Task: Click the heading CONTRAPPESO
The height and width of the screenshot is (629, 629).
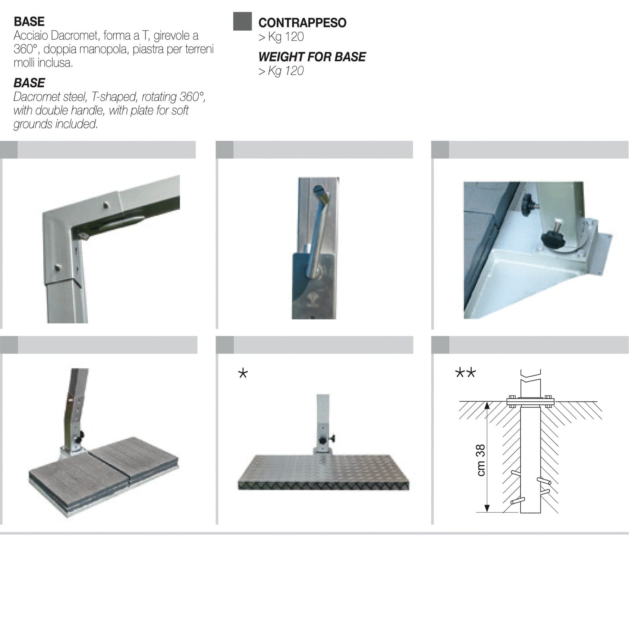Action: (x=302, y=23)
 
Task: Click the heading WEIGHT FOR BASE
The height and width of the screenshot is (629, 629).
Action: (x=312, y=57)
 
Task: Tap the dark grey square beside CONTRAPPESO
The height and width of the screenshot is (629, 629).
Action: (x=242, y=21)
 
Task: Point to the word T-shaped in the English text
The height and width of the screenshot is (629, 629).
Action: (x=114, y=97)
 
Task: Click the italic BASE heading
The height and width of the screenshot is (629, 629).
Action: (x=29, y=83)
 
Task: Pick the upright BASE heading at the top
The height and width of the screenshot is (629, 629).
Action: (x=29, y=21)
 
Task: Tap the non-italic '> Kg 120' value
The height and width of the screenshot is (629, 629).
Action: (x=281, y=37)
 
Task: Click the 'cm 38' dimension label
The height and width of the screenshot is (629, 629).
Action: (x=481, y=460)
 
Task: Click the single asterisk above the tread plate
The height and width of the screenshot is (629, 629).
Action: (x=243, y=373)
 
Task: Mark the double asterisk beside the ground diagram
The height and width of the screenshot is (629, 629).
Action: (x=465, y=372)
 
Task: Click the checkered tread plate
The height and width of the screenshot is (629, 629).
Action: (x=324, y=472)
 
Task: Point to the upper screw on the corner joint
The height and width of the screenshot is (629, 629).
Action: (x=106, y=204)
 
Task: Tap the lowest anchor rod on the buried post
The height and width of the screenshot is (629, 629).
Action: (x=517, y=501)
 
